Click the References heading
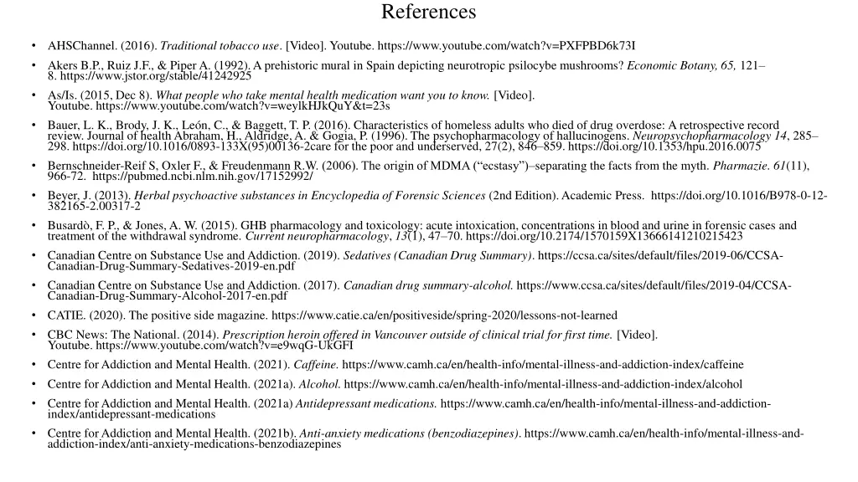(x=428, y=13)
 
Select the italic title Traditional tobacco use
(x=220, y=45)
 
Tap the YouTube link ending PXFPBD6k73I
(x=506, y=45)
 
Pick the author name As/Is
(x=61, y=95)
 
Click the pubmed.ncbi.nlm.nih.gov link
(x=203, y=177)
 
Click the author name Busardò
(x=70, y=225)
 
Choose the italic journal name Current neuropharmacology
(x=318, y=236)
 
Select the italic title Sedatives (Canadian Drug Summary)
(x=437, y=255)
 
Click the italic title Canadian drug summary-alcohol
(x=428, y=285)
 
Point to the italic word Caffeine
(x=317, y=365)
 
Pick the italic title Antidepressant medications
(x=366, y=404)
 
